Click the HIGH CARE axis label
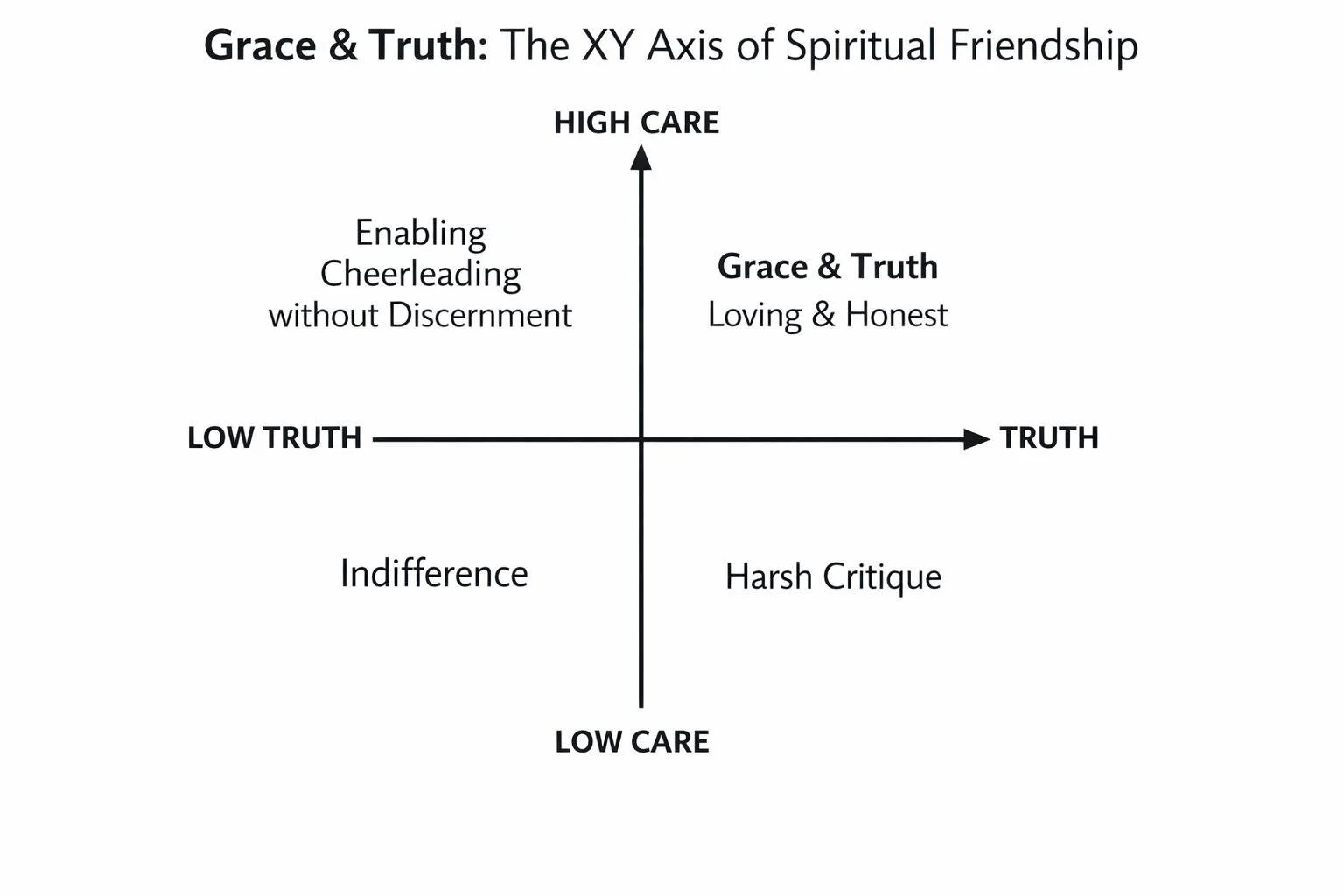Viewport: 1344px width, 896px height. click(636, 122)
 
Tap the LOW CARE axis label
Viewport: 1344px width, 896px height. click(632, 741)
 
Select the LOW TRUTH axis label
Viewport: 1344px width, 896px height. click(274, 437)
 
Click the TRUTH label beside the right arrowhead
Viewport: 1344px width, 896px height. click(1049, 437)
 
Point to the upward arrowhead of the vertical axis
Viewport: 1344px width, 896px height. click(641, 157)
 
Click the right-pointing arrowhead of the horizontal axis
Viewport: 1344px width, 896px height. click(976, 439)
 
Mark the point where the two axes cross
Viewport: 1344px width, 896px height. click(641, 439)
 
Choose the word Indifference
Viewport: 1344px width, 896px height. click(434, 574)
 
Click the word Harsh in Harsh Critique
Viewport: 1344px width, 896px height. click(768, 577)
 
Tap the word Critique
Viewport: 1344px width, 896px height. click(882, 577)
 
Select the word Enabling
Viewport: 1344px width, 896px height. click(421, 234)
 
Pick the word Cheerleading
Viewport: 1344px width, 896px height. click(421, 274)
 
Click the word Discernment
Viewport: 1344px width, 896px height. click(479, 315)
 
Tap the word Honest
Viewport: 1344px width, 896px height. click(896, 315)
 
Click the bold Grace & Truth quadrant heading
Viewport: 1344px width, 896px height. click(828, 266)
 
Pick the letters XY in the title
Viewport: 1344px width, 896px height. click(607, 45)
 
